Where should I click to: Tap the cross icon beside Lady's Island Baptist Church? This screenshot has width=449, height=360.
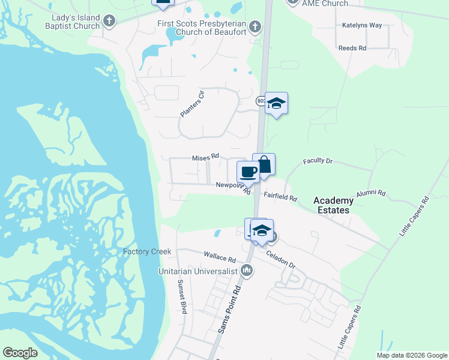[109, 22]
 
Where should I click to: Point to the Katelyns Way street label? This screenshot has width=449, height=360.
[362, 25]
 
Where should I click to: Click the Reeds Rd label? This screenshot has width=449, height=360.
[352, 48]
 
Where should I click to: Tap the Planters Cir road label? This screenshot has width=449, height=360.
[192, 104]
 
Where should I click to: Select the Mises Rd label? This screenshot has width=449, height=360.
[205, 158]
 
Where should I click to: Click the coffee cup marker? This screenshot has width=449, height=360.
[248, 172]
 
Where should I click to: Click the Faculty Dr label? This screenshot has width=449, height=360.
[318, 161]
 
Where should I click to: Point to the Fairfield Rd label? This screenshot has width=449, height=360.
[280, 196]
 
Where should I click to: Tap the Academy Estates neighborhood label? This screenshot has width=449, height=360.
[334, 205]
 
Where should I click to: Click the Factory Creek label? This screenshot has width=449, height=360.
[147, 251]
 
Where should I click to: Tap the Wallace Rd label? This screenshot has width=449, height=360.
[220, 257]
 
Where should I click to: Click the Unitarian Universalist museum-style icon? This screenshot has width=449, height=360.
[246, 271]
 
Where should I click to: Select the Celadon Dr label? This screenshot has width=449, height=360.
[281, 258]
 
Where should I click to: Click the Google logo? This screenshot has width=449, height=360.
[20, 353]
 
